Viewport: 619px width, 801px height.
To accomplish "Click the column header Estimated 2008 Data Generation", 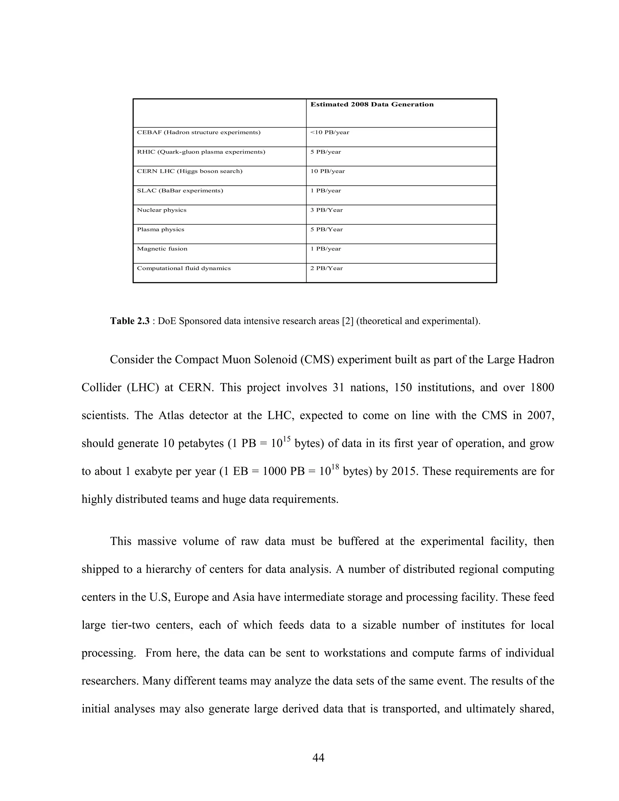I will pos(372,105).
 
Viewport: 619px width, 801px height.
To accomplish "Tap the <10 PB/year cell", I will pos(330,132).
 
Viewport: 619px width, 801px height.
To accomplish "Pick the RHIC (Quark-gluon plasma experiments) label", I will pos(201,152).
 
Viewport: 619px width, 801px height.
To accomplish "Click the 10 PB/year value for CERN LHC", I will pos(327,171).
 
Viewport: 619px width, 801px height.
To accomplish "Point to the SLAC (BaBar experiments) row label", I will pos(180,191).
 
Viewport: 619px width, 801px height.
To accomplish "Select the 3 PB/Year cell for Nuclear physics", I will pos(326,210).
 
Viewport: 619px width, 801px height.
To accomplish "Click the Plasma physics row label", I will pos(160,230).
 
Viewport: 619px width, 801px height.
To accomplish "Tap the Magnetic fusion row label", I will pos(162,249).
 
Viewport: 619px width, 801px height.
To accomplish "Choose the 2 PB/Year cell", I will pos(326,268).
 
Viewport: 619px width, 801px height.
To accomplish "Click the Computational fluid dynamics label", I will pos(184,268).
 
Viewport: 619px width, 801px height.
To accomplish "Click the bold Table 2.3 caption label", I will pos(130,321).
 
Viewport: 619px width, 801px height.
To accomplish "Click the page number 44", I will pos(318,758).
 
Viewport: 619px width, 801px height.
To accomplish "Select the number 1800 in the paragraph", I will pos(542,388).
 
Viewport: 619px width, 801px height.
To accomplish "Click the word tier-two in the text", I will pos(131,625).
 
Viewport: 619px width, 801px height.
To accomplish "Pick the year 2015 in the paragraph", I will pos(404,471).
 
